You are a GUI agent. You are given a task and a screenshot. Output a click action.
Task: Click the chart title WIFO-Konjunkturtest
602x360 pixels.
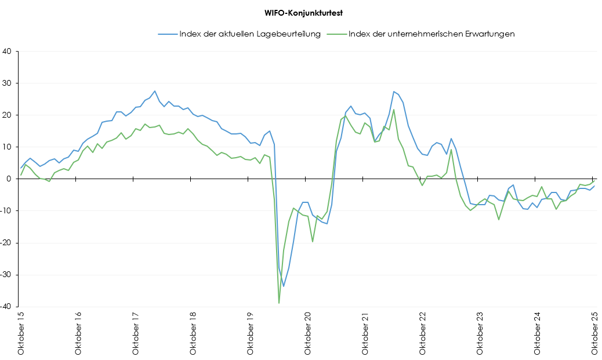pos(300,12)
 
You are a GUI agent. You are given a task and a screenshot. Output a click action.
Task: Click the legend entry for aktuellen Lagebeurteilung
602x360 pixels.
pos(250,34)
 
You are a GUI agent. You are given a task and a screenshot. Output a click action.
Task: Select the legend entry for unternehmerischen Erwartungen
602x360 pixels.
pos(431,34)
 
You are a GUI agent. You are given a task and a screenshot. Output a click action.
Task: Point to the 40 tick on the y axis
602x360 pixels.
pos(8,51)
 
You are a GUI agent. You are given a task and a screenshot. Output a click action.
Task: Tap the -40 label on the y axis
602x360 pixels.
pos(6,307)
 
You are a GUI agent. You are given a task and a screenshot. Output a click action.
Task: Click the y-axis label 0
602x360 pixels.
pos(9,179)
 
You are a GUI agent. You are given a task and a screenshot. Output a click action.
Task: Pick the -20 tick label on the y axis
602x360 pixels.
pos(6,243)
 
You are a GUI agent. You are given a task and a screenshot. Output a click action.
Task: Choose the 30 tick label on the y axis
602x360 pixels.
pos(8,83)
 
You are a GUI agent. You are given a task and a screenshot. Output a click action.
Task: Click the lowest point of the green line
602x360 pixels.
pos(279,303)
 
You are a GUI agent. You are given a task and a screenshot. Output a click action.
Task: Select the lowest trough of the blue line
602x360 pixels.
pos(284,286)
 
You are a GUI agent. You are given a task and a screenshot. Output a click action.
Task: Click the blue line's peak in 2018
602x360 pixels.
pos(155,91)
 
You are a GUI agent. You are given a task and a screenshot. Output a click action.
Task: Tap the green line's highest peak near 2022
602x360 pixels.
pos(394,110)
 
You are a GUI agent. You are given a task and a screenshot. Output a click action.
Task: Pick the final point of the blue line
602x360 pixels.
pos(594,186)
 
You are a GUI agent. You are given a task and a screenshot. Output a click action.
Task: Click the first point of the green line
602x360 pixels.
pos(21,174)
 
